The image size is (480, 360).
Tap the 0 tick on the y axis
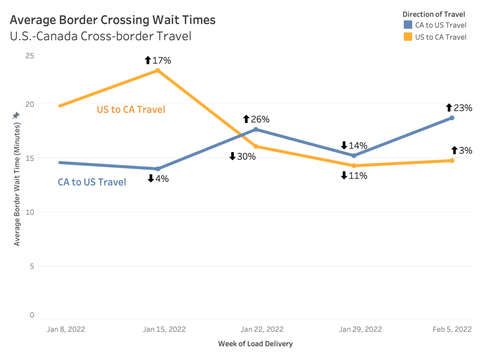point(31,315)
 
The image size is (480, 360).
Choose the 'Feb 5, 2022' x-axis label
point(451,328)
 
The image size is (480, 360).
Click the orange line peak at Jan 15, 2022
point(159,71)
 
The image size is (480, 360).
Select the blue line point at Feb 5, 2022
point(451,118)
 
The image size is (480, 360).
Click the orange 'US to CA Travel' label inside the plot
point(130,109)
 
